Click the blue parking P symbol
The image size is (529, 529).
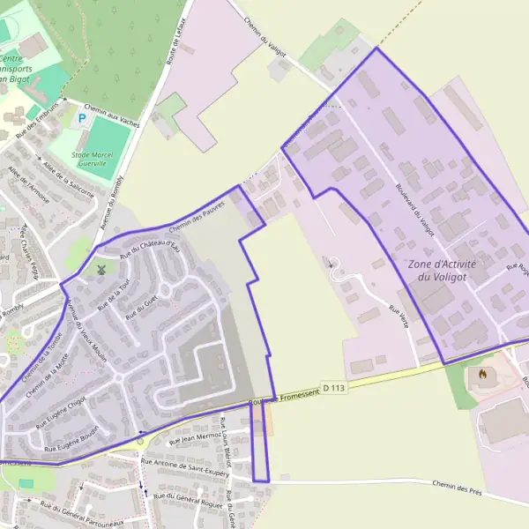[83, 117]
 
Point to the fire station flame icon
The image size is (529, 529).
[481, 374]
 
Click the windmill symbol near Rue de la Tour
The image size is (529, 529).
[101, 267]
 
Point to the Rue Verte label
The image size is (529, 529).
[398, 317]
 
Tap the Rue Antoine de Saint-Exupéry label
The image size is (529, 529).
[184, 465]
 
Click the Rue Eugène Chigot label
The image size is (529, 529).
[60, 413]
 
